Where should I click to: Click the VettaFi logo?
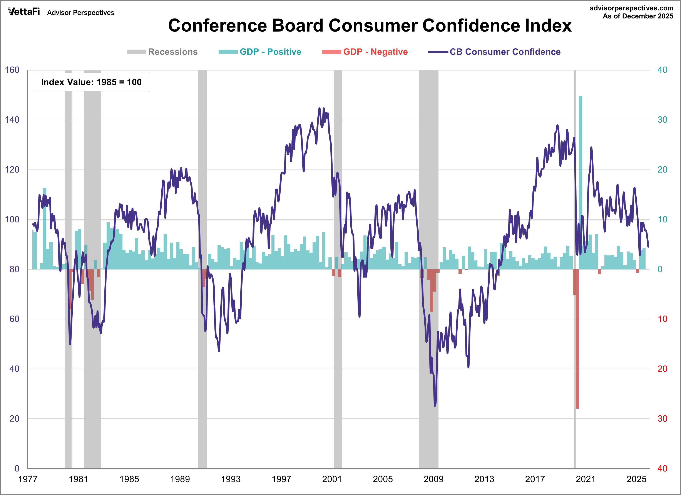24,12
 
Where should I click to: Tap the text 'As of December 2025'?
638,16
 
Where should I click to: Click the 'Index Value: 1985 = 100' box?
91,82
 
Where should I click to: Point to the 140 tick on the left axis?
12,120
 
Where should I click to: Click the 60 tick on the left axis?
14,319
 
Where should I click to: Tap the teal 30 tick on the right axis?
662,120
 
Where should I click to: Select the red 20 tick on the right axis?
662,369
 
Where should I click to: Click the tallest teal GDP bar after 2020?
581,180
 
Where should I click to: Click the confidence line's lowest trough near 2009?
435,406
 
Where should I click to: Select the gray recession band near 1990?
202,270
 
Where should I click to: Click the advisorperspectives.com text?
631,8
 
